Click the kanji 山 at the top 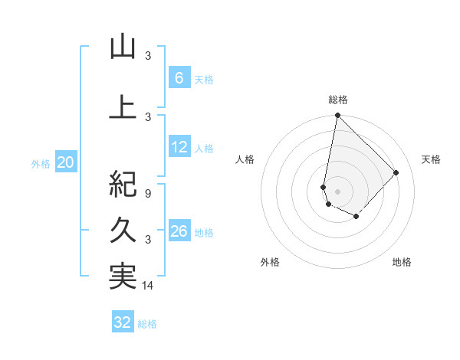click(123, 47)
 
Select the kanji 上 click(123, 106)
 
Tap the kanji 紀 click(123, 183)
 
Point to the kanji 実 click(123, 277)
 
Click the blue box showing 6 click(179, 77)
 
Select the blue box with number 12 click(179, 148)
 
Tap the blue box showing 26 click(179, 231)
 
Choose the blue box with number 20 click(65, 162)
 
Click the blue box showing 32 click(122, 322)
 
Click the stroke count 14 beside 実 click(148, 286)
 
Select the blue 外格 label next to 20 click(40, 163)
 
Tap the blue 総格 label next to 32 click(147, 324)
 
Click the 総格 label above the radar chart click(337, 100)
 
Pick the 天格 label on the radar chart click(432, 159)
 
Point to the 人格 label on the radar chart click(245, 159)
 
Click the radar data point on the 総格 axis click(337, 116)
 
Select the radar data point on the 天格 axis click(396, 172)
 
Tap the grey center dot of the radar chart click(337, 191)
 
